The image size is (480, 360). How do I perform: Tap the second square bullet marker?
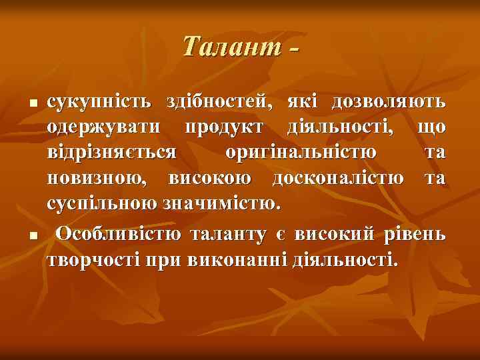coord(31,237)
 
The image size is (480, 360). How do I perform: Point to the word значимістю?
coord(219,203)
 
